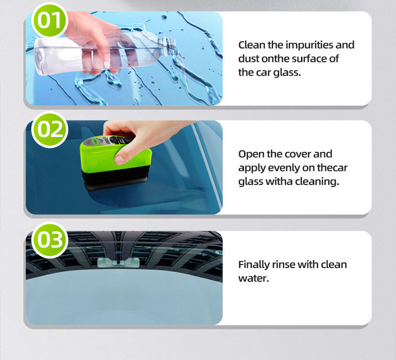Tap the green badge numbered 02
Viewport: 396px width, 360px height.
click(49, 129)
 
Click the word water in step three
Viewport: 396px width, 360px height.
click(252, 278)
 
